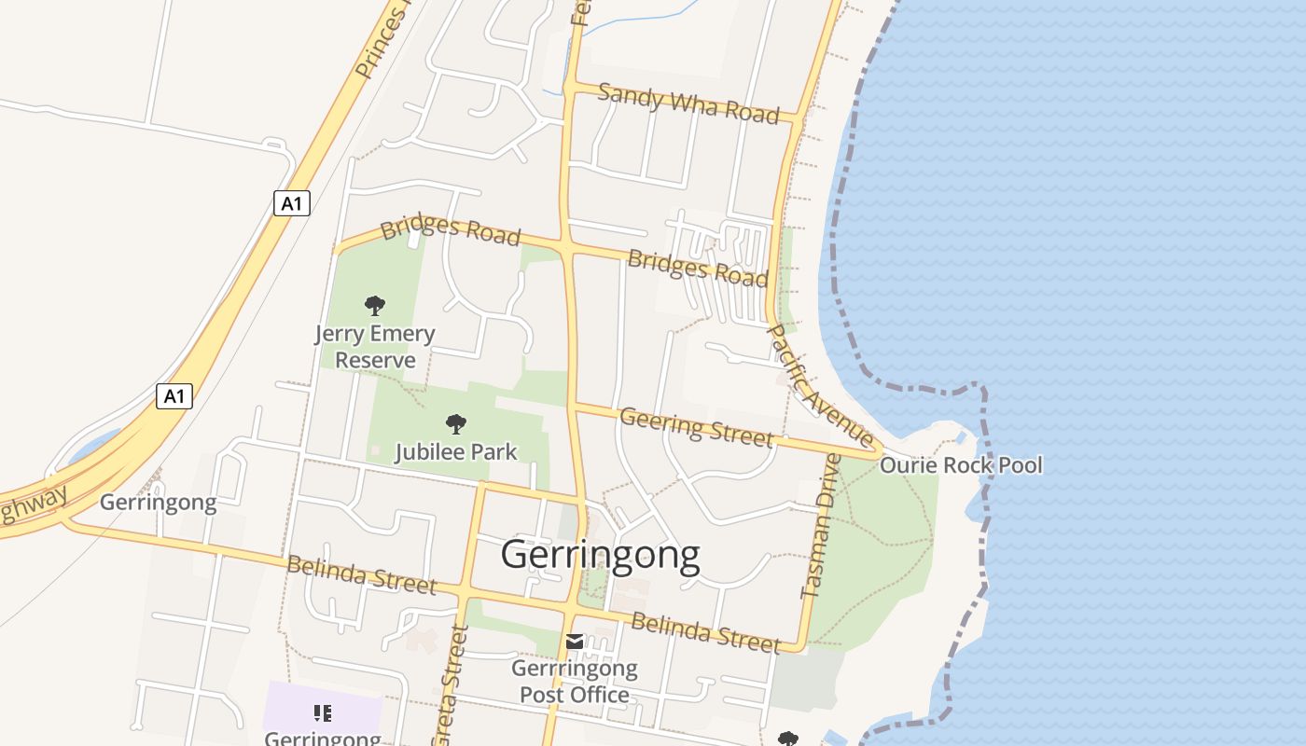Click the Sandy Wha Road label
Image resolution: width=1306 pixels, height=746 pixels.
pyautogui.click(x=688, y=103)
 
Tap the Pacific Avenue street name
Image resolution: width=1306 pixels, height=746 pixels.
pyautogui.click(x=820, y=385)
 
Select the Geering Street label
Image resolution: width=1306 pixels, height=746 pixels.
pyautogui.click(x=696, y=426)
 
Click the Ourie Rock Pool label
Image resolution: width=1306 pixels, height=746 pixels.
pyautogui.click(x=961, y=464)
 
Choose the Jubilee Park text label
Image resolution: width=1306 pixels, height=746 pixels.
pyautogui.click(x=455, y=452)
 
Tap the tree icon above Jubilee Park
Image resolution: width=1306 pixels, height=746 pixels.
pyautogui.click(x=455, y=424)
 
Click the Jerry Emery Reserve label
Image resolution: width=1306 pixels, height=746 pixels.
pyautogui.click(x=374, y=347)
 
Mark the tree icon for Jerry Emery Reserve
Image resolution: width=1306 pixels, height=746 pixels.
pyautogui.click(x=375, y=305)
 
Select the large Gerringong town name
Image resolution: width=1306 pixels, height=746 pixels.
pyautogui.click(x=600, y=555)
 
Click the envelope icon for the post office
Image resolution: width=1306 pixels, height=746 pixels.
pyautogui.click(x=575, y=642)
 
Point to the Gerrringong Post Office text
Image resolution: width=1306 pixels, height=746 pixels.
pyautogui.click(x=574, y=682)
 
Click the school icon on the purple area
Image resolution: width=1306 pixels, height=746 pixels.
pyautogui.click(x=323, y=713)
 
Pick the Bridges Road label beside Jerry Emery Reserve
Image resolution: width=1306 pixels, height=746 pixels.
pyautogui.click(x=450, y=230)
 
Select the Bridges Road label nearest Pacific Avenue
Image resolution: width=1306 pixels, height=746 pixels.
pyautogui.click(x=697, y=269)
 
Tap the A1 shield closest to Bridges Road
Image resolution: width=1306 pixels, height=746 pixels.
pyautogui.click(x=291, y=203)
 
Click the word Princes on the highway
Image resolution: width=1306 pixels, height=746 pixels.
pyautogui.click(x=383, y=42)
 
